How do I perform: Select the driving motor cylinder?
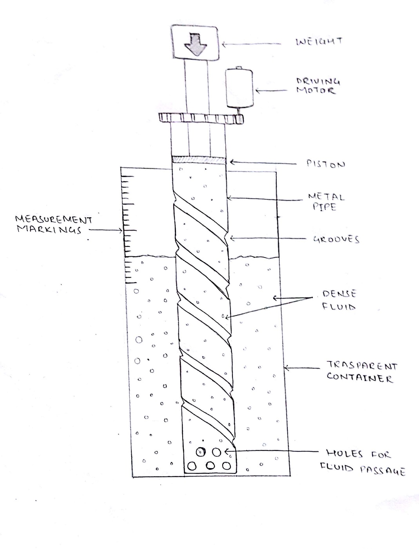tap(239, 88)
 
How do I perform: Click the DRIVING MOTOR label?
tap(318, 86)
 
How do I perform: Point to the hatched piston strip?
tap(199, 160)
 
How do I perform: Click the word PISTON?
tap(326, 164)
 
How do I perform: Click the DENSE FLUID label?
tap(339, 300)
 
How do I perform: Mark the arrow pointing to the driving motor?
tap(274, 91)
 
